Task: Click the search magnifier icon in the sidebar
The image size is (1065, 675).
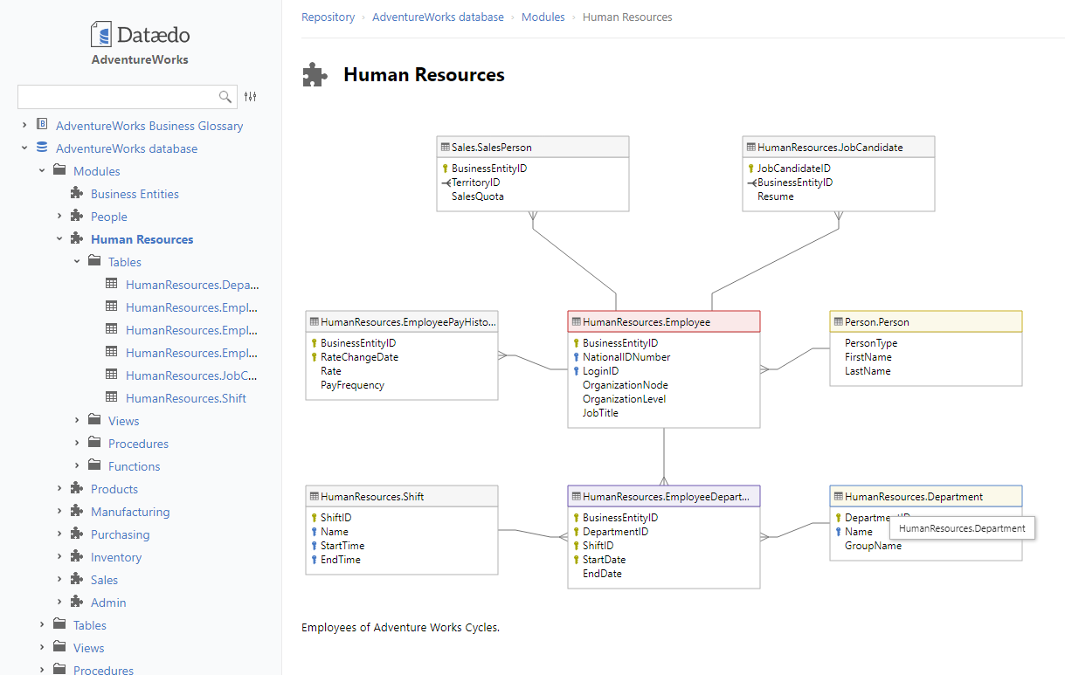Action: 225,97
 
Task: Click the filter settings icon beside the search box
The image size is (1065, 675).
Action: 250,97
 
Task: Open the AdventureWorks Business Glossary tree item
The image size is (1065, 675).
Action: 149,126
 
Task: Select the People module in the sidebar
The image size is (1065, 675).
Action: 109,217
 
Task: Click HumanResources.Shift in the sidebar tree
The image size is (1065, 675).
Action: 185,398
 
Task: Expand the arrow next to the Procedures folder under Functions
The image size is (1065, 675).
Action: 42,670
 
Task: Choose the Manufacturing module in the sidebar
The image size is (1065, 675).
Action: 130,512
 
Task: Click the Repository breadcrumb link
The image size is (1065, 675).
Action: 328,17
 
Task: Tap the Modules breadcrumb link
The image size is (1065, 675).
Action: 543,17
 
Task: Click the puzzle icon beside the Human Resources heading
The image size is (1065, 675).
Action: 315,74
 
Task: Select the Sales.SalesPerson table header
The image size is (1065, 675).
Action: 533,148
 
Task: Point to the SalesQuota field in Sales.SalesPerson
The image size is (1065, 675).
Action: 477,196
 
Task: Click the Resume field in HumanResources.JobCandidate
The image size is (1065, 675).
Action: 776,196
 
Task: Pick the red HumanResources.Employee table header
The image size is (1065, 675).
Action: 664,322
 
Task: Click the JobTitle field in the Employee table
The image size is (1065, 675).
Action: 600,413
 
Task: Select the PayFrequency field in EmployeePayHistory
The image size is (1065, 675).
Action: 352,385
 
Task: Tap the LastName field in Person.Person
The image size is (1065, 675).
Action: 868,371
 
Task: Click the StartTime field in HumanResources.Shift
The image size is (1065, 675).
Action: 342,546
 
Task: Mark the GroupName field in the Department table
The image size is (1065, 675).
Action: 873,546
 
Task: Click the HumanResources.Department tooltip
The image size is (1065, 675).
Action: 962,528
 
